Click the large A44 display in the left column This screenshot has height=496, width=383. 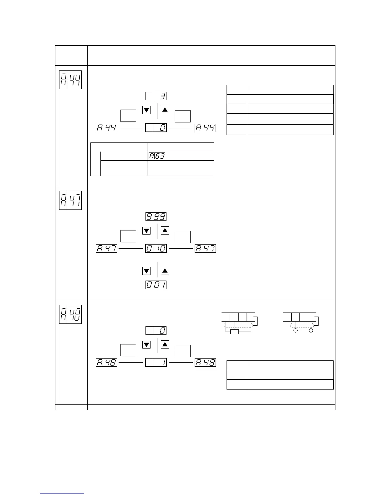[70, 80]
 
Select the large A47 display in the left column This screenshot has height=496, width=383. [70, 200]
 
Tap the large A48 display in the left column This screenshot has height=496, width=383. [70, 314]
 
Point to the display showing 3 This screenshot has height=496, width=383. [156, 96]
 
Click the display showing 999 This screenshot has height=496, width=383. [156, 217]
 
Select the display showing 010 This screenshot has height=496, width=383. [156, 249]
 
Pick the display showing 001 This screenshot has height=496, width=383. [156, 285]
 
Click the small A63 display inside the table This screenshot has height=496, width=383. [157, 156]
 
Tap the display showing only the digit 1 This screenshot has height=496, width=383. [156, 363]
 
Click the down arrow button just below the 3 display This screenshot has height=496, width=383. [146, 110]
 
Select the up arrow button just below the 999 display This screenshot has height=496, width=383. [165, 231]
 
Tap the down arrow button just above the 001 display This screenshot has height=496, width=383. [146, 271]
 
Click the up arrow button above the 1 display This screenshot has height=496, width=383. [165, 345]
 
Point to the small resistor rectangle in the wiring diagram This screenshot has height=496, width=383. [234, 332]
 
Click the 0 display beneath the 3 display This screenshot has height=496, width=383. [156, 128]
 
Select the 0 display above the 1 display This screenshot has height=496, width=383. [156, 331]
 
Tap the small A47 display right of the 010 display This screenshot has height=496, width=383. [205, 249]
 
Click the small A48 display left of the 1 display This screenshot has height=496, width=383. [106, 363]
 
